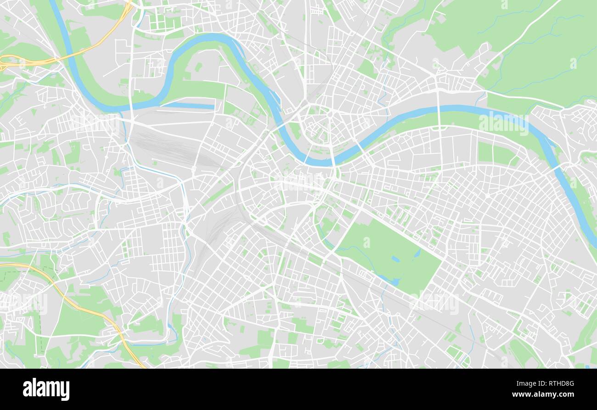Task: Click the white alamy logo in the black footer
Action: pyautogui.click(x=46, y=389)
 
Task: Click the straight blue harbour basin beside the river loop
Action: pyautogui.click(x=188, y=106)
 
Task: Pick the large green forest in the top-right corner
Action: pyautogui.click(x=528, y=41)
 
